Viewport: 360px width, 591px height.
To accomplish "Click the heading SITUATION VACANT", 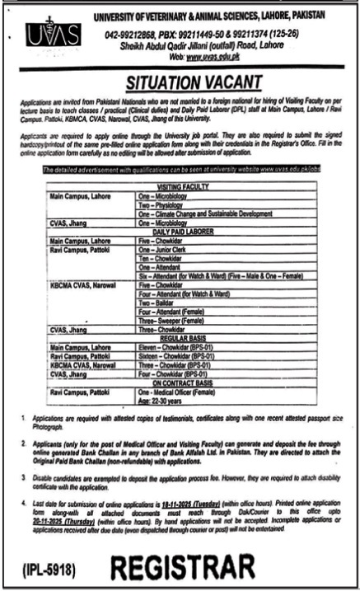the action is click(x=193, y=81).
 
